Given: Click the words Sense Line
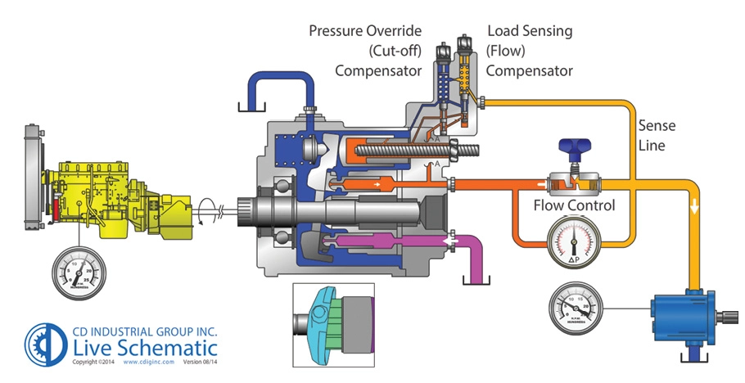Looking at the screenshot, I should click(x=661, y=136).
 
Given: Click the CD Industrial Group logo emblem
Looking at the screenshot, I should click(x=43, y=343).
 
